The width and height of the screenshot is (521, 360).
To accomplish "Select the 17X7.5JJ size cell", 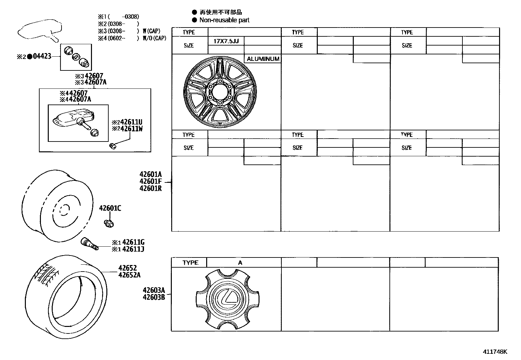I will [226, 41].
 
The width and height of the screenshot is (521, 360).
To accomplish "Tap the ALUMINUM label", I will [263, 59].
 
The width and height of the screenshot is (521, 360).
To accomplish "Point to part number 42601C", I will [110, 208].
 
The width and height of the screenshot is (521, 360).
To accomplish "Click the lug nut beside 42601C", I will [108, 224].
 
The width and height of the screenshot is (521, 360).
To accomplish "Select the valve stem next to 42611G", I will [89, 245].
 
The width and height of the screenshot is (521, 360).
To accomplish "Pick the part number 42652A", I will [129, 275].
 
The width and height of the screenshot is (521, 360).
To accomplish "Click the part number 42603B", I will [153, 297].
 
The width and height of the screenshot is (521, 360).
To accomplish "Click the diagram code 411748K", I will [495, 352].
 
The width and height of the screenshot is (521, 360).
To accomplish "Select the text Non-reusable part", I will [224, 20].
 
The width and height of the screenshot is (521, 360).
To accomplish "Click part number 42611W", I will [131, 129].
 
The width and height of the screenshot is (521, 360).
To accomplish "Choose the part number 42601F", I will [150, 181].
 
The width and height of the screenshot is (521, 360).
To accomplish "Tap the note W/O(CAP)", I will [154, 38].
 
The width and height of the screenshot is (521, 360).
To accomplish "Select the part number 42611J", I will [133, 249].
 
